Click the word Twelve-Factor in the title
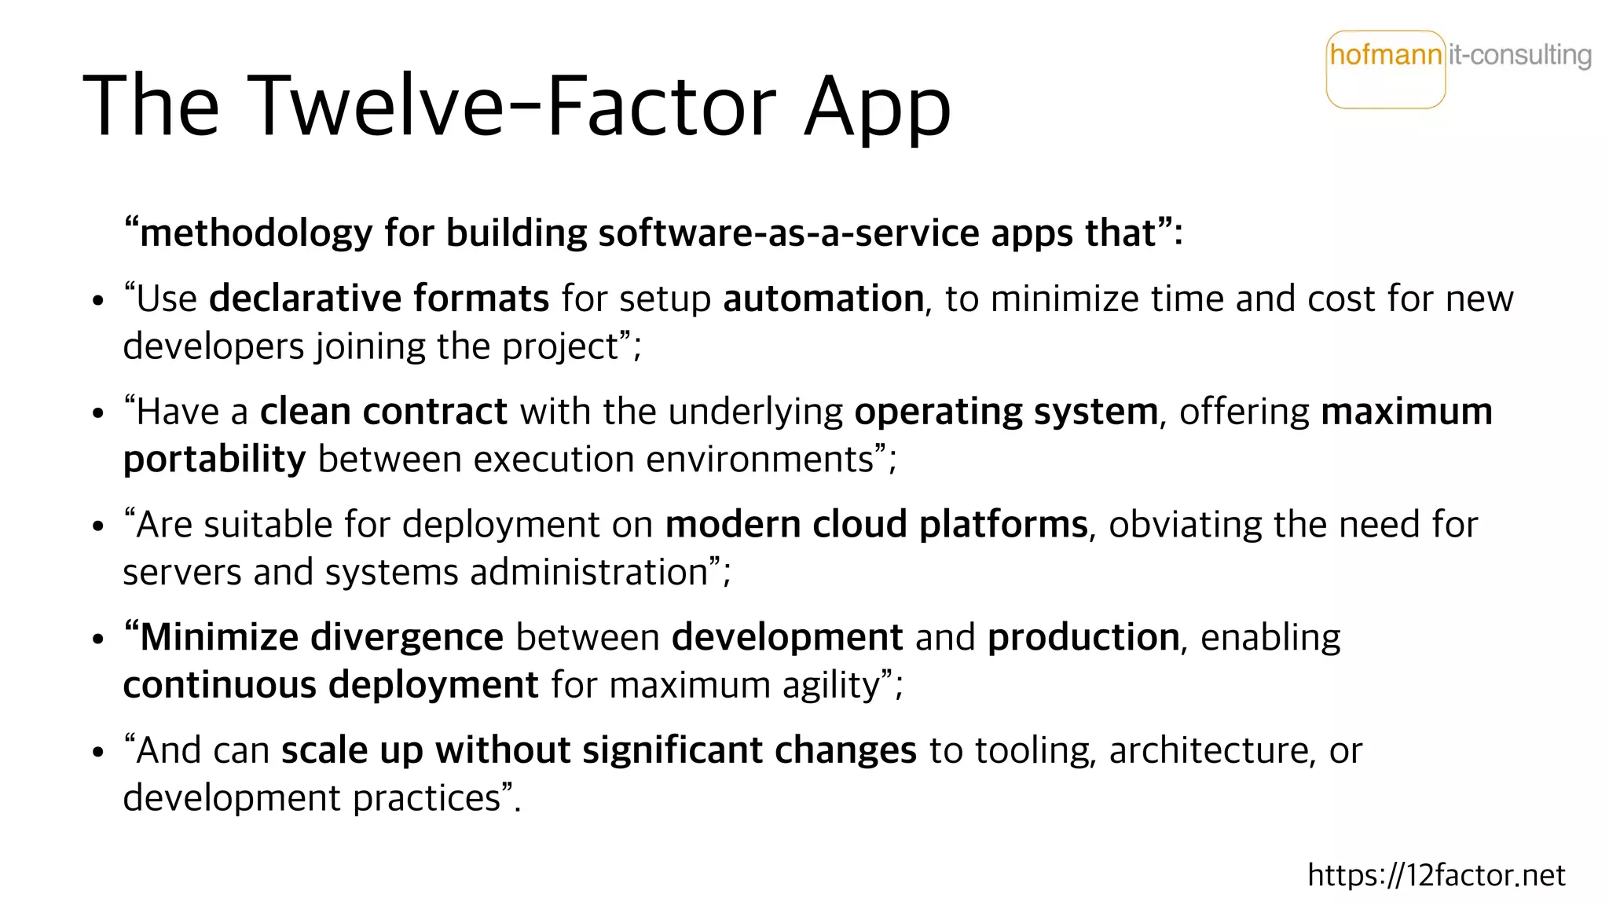(x=515, y=106)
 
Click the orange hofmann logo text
(x=1386, y=55)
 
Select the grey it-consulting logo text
(x=1519, y=55)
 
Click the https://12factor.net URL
(x=1436, y=874)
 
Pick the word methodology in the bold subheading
(x=255, y=233)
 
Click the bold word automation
(x=823, y=299)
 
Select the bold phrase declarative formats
(x=379, y=299)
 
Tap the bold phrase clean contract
(x=383, y=412)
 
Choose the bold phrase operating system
(x=1006, y=412)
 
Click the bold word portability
(x=214, y=460)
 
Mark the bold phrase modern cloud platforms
(x=876, y=525)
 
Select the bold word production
(x=1083, y=637)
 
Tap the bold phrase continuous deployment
(x=331, y=685)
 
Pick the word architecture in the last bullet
(x=1208, y=750)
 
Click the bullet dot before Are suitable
(x=97, y=526)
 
